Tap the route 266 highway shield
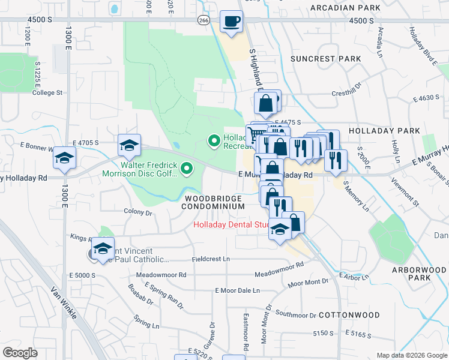point(204,20)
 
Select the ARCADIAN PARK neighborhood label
point(345,8)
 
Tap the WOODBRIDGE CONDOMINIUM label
point(214,202)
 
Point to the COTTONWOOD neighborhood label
point(349,314)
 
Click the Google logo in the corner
point(20,352)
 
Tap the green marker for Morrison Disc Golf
point(187,169)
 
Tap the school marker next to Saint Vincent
point(103,247)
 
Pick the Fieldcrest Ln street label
point(211,259)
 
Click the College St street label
point(47,92)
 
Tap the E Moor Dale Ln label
point(237,290)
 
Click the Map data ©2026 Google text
point(411,355)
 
